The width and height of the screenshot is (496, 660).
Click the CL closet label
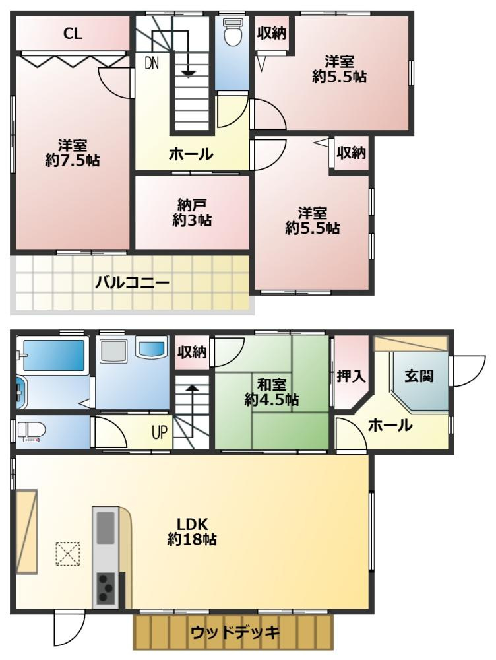click(73, 34)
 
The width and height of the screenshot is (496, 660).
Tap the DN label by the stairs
click(152, 63)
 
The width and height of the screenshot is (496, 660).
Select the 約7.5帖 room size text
click(73, 160)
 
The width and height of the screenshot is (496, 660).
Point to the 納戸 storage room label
click(192, 205)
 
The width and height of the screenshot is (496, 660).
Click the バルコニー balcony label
click(132, 282)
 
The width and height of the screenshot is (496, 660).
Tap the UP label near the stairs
click(160, 432)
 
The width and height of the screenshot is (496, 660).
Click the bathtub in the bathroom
click(53, 355)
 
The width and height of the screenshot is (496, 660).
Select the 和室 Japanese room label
click(272, 384)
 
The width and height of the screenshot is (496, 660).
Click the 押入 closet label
click(351, 376)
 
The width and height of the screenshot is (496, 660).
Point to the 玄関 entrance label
click(419, 376)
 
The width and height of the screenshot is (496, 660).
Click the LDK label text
click(192, 524)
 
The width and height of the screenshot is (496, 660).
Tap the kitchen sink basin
click(106, 527)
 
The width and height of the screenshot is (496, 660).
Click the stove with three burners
click(106, 588)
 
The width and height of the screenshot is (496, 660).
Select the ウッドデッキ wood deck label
click(235, 632)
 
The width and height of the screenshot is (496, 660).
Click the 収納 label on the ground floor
click(192, 352)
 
